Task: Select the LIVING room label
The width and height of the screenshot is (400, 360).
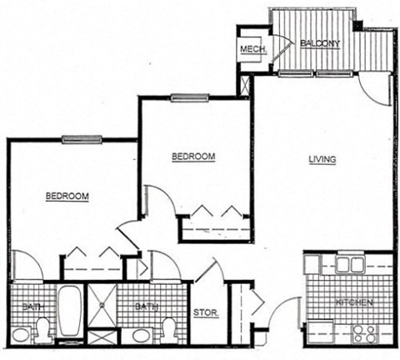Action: coord(322,160)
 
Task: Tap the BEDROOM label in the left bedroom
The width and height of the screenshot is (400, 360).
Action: coord(67,197)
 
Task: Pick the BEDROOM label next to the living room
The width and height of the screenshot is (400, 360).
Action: coord(193,156)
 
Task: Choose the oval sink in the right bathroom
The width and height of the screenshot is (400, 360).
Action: coord(139,336)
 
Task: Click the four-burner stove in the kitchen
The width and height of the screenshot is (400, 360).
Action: coord(362,332)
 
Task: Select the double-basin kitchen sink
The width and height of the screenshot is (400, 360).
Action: coord(350,264)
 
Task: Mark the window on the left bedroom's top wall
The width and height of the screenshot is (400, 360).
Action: coord(82,139)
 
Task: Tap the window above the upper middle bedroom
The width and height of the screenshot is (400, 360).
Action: coord(187,98)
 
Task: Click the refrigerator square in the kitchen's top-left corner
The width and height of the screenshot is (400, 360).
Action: coord(314,264)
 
